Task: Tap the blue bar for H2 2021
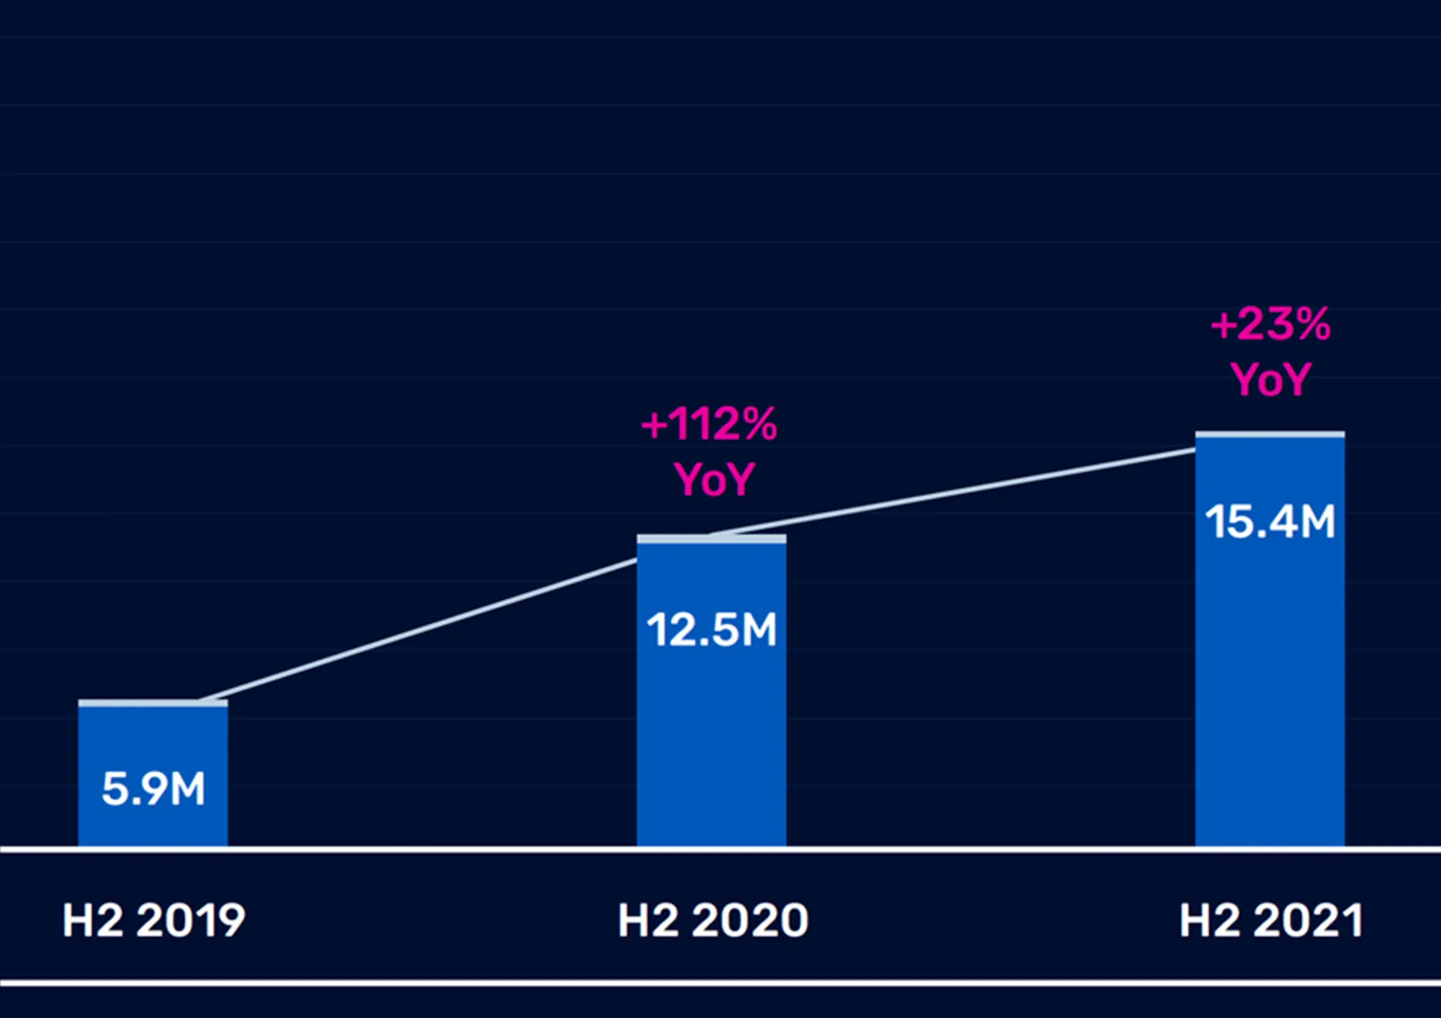pyautogui.click(x=1270, y=679)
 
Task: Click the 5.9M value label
pyautogui.click(x=153, y=789)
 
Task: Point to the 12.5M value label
pyautogui.click(x=711, y=630)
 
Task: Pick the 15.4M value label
pyautogui.click(x=1270, y=522)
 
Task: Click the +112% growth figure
pyautogui.click(x=709, y=424)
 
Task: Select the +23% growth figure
pyautogui.click(x=1271, y=324)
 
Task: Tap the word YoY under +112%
pyautogui.click(x=714, y=479)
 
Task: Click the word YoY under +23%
pyautogui.click(x=1271, y=379)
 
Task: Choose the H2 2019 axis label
pyautogui.click(x=153, y=920)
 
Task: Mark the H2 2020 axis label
pyautogui.click(x=713, y=920)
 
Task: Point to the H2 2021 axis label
pyautogui.click(x=1271, y=920)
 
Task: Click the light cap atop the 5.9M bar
pyautogui.click(x=153, y=703)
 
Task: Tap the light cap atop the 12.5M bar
pyautogui.click(x=711, y=539)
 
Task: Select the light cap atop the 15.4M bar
pyautogui.click(x=1270, y=435)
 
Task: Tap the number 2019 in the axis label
pyautogui.click(x=191, y=920)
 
